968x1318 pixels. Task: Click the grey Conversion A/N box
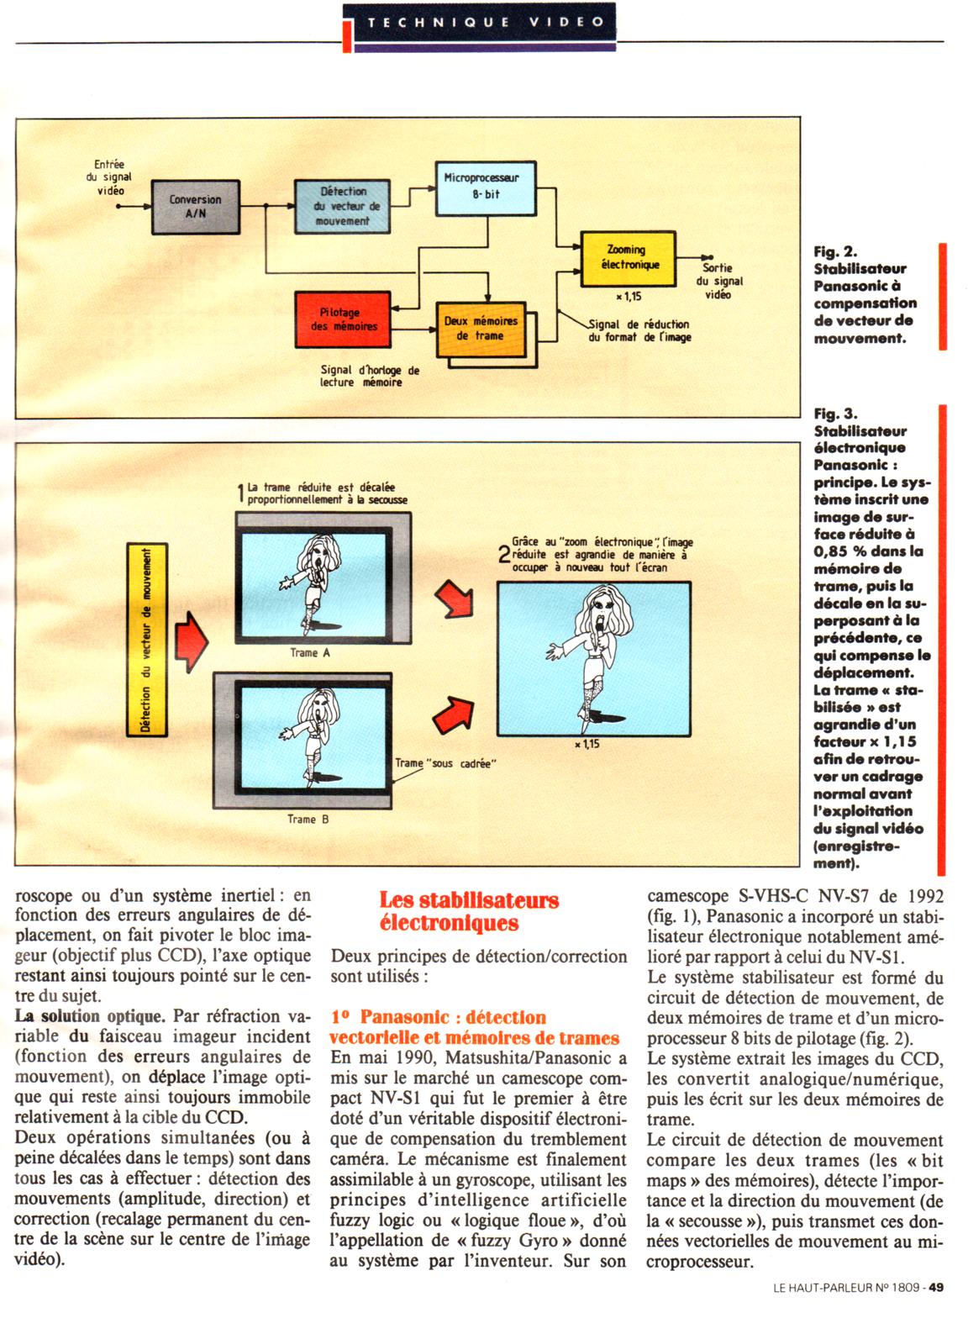[x=195, y=207]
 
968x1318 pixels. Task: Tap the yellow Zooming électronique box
[x=627, y=257]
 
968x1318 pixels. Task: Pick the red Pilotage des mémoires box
[x=343, y=319]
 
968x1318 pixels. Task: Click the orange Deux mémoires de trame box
[x=480, y=329]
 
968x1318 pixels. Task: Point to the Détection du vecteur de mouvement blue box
[x=342, y=206]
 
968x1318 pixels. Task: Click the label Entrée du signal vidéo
[x=109, y=177]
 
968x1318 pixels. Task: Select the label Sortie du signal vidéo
[x=718, y=281]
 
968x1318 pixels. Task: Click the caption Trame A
[x=309, y=653]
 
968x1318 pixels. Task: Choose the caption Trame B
[x=308, y=819]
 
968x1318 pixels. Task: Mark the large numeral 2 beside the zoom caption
[x=503, y=554]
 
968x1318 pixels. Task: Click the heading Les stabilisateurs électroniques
[x=469, y=911]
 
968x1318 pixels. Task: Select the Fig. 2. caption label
[x=835, y=251]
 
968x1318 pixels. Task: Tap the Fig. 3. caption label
[x=835, y=414]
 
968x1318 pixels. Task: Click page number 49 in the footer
[x=936, y=1287]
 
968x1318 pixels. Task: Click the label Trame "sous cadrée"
[x=445, y=763]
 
